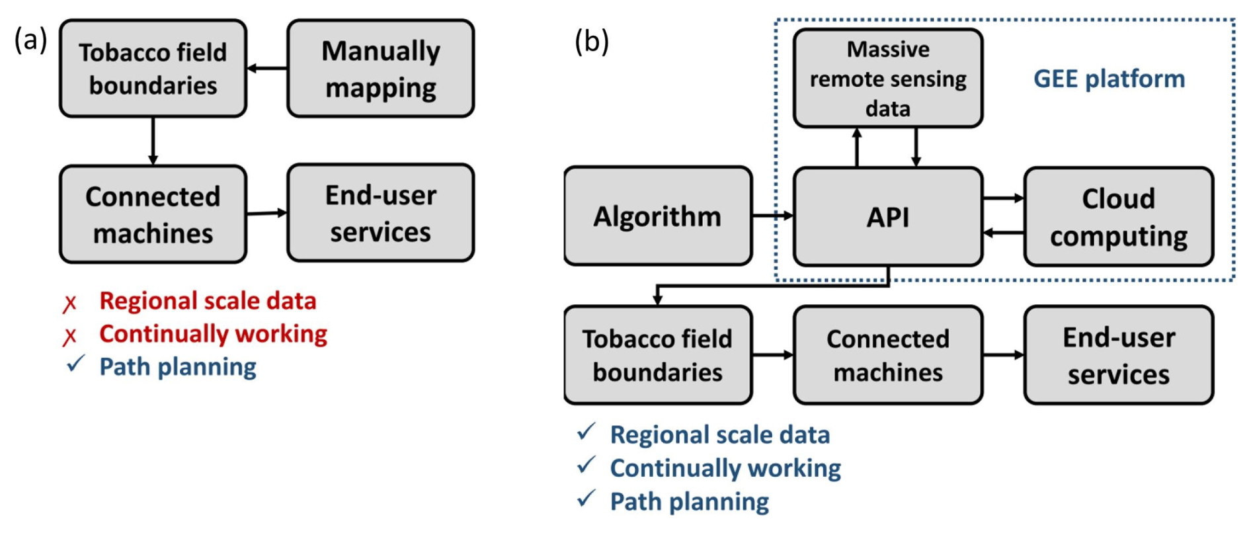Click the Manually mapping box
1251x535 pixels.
[380, 69]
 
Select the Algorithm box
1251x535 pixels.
[657, 216]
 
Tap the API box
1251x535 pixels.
[887, 217]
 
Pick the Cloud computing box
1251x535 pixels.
[1118, 217]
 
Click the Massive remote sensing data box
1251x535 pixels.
[887, 78]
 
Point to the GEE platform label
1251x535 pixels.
[1109, 79]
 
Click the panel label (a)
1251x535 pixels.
[30, 40]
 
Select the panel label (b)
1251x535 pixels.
[591, 42]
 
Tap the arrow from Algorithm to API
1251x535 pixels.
[772, 216]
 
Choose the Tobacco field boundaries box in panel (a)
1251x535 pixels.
[153, 69]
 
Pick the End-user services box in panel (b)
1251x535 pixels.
[1118, 355]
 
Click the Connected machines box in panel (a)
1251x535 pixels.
[153, 214]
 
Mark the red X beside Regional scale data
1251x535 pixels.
[70, 304]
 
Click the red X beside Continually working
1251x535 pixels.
[70, 337]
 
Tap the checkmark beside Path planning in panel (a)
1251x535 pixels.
[75, 364]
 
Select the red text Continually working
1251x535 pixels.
[213, 334]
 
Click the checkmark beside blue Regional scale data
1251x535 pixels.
[586, 432]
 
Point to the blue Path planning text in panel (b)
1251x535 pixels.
[689, 502]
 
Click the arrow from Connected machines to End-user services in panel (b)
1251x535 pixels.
[1003, 355]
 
